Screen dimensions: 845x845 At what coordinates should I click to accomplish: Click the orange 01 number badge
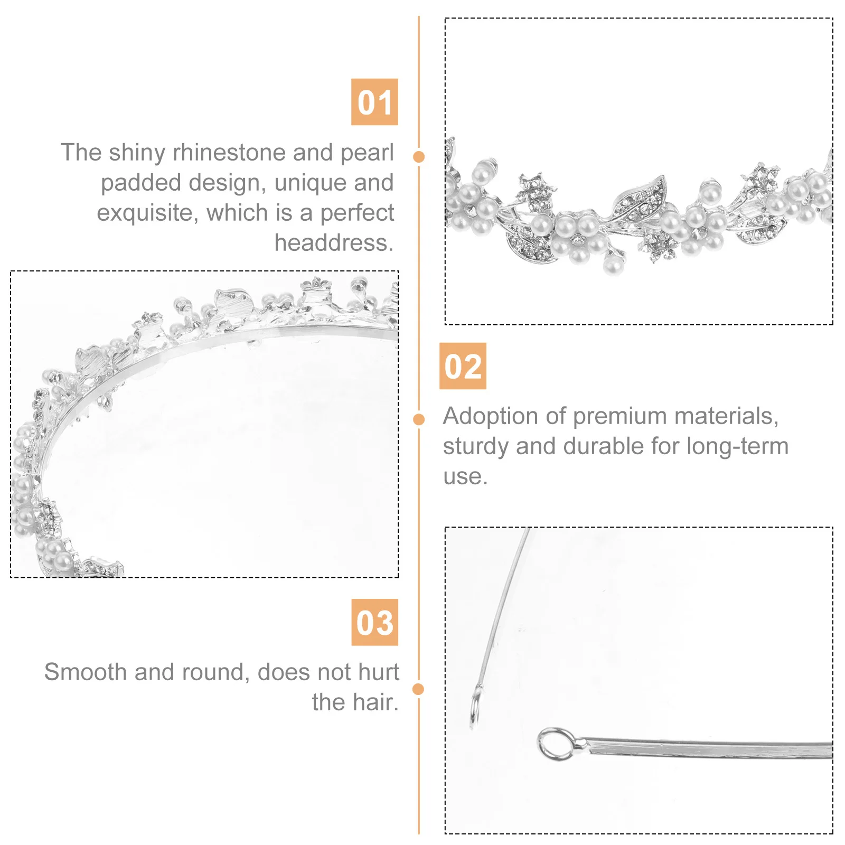(x=374, y=102)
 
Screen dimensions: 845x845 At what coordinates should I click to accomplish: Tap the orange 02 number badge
(x=463, y=366)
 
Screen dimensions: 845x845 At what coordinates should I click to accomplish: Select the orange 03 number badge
(x=374, y=622)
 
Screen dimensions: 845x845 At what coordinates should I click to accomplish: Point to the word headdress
(x=334, y=243)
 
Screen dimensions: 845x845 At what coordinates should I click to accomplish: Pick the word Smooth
(x=85, y=672)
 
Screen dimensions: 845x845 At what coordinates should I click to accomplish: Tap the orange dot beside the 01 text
(x=419, y=156)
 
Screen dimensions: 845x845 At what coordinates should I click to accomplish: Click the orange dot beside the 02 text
(x=419, y=419)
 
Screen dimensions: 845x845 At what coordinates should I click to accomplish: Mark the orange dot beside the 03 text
(x=418, y=689)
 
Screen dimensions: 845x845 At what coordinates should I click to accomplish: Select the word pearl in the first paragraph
(x=367, y=153)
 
